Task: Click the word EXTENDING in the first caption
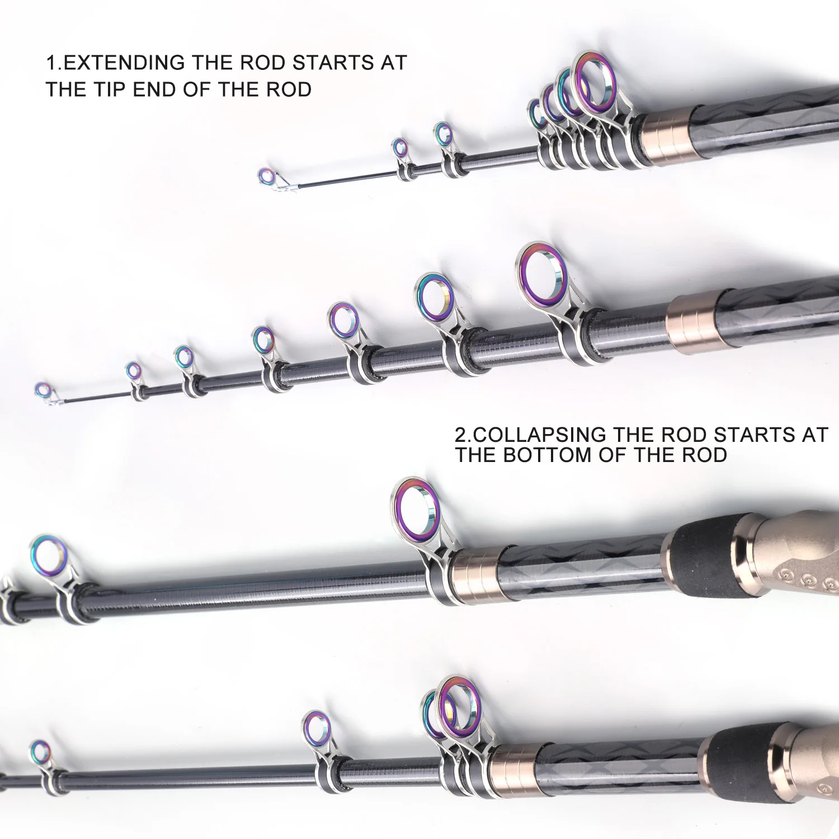point(124,63)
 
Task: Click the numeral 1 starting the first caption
point(50,63)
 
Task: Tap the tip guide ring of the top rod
point(267,177)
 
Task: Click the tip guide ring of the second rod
point(43,390)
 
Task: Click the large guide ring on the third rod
point(415,511)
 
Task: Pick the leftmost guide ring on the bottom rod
point(40,752)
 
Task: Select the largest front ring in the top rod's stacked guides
point(595,82)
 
